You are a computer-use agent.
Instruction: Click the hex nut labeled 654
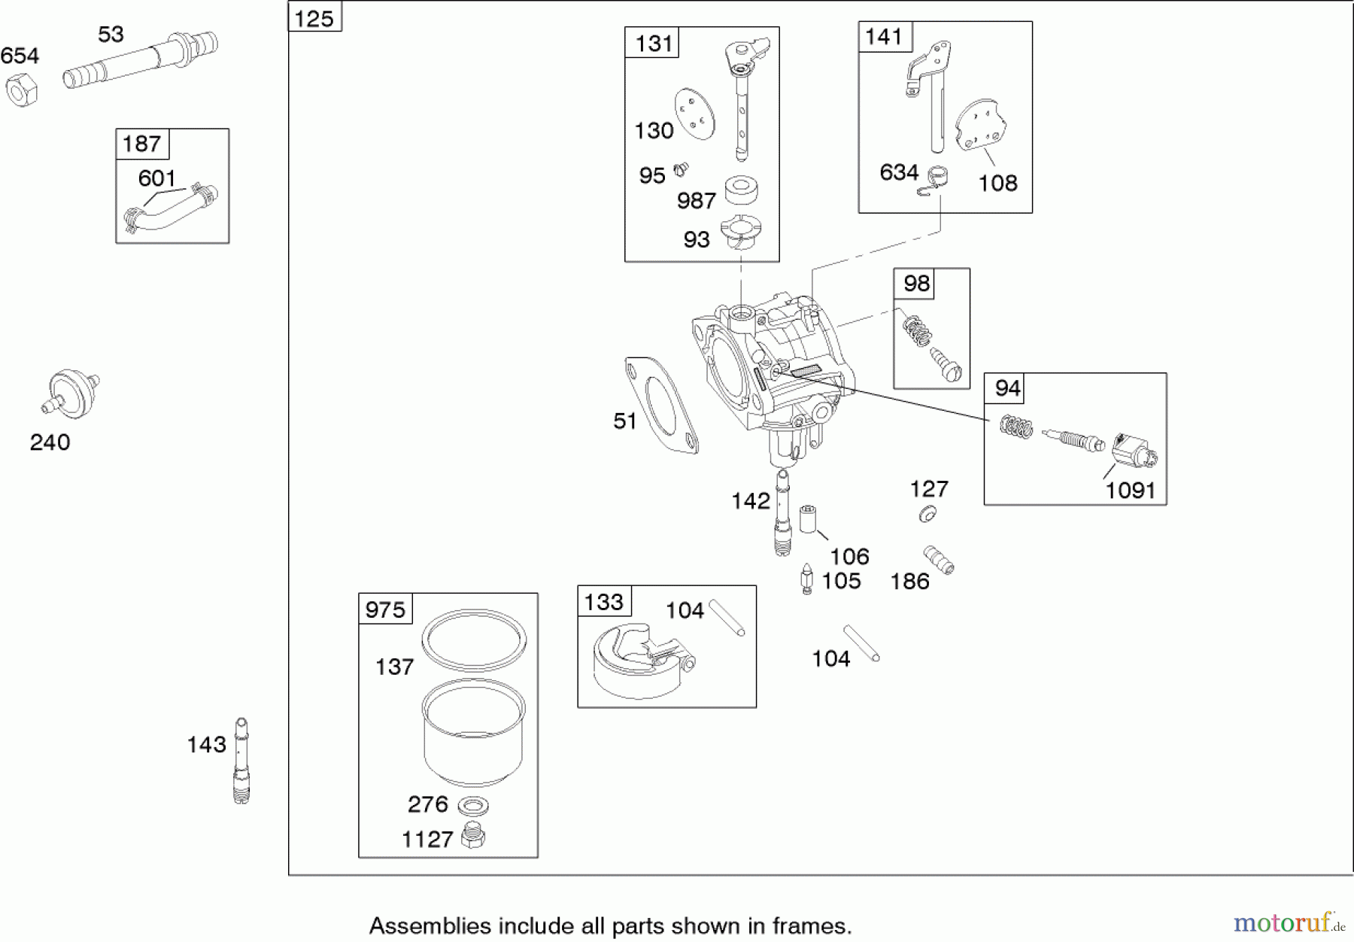(21, 90)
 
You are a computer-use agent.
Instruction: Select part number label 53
(111, 35)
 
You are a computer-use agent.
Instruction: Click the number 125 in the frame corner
(314, 18)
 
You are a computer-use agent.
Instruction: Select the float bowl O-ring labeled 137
(473, 640)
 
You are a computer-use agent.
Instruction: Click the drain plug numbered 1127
(472, 835)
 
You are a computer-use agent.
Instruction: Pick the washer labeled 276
(472, 806)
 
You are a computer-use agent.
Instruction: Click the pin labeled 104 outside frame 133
(861, 643)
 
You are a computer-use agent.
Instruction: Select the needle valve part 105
(807, 579)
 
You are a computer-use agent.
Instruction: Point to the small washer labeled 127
(927, 514)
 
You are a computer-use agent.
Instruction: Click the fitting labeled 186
(940, 560)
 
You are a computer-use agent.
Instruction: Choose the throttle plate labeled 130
(694, 114)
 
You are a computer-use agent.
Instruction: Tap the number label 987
(696, 201)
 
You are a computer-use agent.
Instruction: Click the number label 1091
(1130, 491)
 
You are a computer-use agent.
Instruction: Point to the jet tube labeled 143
(241, 761)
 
